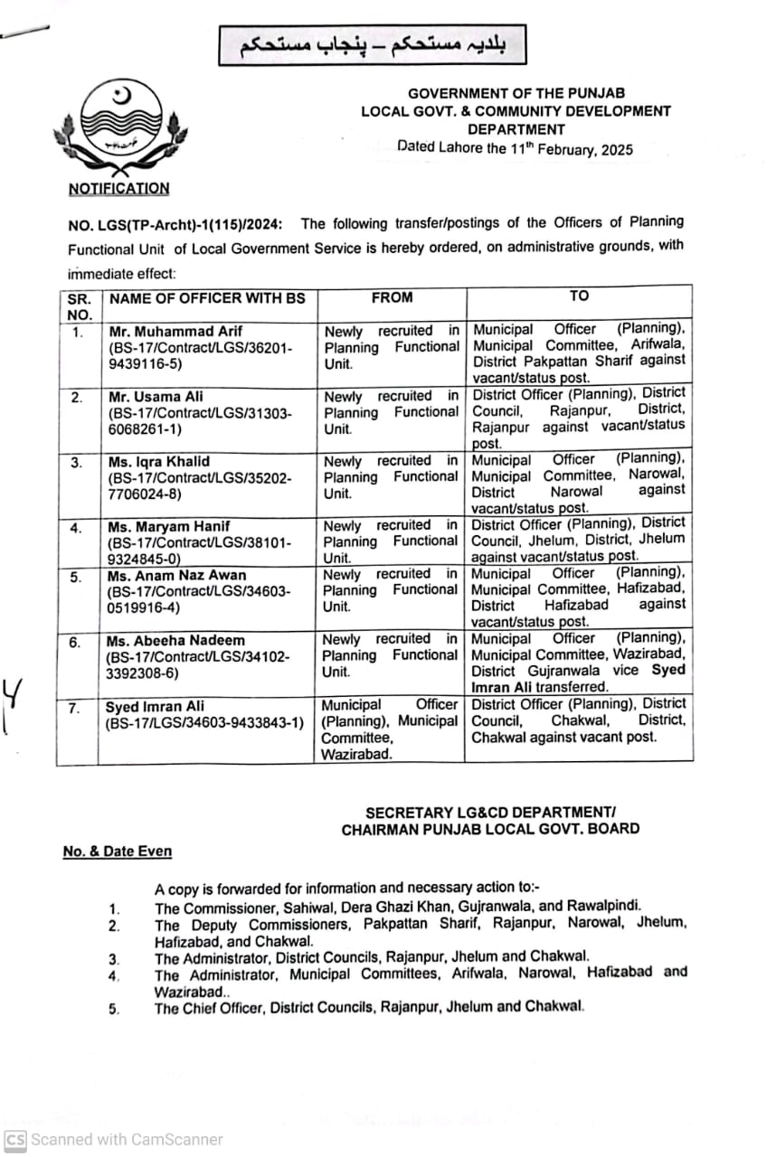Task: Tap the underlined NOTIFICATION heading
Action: pyautogui.click(x=118, y=189)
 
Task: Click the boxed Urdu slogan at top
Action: pyautogui.click(x=371, y=45)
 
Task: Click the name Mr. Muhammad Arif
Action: pyautogui.click(x=175, y=331)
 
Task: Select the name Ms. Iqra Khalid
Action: pyautogui.click(x=158, y=461)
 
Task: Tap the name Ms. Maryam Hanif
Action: pyautogui.click(x=168, y=526)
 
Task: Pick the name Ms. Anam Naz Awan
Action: pyautogui.click(x=175, y=575)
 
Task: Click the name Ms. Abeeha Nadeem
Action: pyautogui.click(x=173, y=641)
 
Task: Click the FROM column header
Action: pyautogui.click(x=392, y=297)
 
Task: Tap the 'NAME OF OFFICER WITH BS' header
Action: pyautogui.click(x=207, y=298)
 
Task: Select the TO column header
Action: pyautogui.click(x=579, y=296)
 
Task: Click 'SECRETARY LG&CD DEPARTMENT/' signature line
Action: pyautogui.click(x=491, y=813)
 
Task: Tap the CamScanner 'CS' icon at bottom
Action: pyautogui.click(x=14, y=1140)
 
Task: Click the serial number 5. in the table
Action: pyautogui.click(x=77, y=577)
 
